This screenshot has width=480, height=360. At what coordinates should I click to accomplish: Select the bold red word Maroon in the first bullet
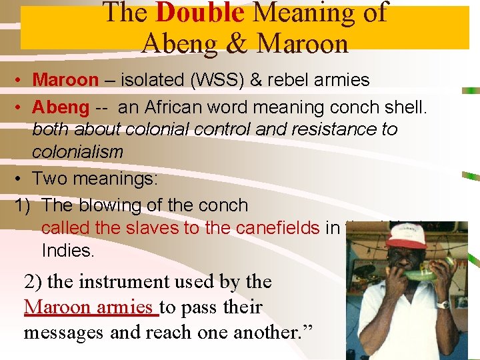coord(65,80)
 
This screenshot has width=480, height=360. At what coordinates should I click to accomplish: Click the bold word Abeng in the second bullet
coord(61,107)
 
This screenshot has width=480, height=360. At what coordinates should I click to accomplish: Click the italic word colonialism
coord(77,151)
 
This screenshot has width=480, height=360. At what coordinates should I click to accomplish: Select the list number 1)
coord(23,205)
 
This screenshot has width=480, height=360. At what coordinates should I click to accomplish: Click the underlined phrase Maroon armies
coord(91,307)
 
